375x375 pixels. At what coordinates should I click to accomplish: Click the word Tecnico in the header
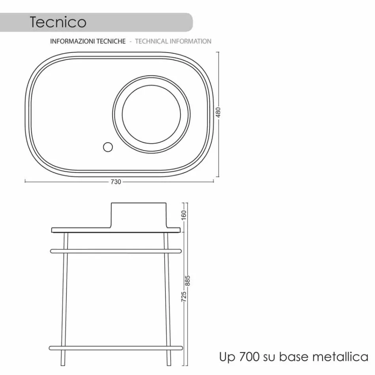pos(58,22)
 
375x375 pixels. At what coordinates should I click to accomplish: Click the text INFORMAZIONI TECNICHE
pos(88,41)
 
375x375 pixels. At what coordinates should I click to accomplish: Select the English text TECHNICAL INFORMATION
pos(173,41)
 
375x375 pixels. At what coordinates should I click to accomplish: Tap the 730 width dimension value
pos(116,182)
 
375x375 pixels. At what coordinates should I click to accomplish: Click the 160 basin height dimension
pos(184,216)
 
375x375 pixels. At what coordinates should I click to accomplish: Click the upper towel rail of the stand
pos(116,251)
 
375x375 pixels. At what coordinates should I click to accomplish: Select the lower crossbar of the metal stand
pos(116,348)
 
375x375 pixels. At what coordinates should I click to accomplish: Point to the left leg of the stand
pos(65,300)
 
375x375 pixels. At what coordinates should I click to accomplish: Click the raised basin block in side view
pos(139,215)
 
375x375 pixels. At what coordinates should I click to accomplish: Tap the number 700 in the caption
pos(249,357)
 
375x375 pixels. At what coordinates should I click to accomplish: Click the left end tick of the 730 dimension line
pos(25,182)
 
